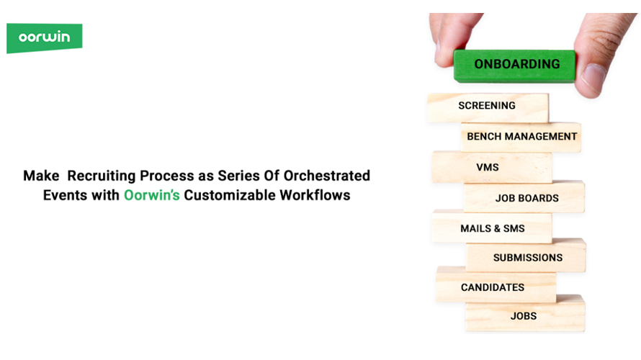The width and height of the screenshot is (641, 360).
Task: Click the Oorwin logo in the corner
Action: [x=44, y=37]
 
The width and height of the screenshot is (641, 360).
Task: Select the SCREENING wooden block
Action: [x=488, y=107]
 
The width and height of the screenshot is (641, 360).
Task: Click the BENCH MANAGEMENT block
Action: [x=521, y=136]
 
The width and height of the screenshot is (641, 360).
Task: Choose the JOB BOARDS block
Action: [x=525, y=197]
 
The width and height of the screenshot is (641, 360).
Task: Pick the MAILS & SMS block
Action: [x=493, y=228]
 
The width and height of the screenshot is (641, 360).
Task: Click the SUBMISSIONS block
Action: [x=526, y=257]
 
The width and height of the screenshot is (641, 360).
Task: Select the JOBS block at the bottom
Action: [x=524, y=315]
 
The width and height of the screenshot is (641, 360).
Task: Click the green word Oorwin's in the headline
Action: [x=152, y=195]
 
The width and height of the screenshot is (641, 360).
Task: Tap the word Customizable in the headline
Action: [x=229, y=195]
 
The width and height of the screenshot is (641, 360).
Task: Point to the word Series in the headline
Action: [x=236, y=176]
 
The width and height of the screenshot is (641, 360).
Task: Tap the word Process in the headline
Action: [x=168, y=176]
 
